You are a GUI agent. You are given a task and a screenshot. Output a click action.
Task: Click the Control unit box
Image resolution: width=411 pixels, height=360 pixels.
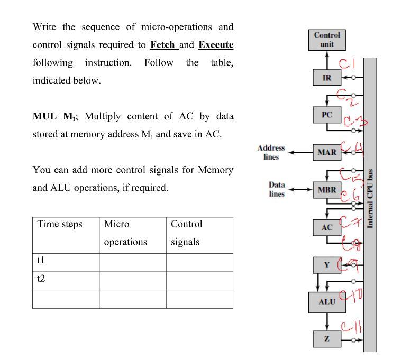click(327, 40)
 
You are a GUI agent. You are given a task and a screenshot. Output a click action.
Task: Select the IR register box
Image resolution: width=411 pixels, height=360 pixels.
click(327, 77)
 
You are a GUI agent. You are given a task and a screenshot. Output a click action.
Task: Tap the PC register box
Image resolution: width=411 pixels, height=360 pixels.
click(327, 115)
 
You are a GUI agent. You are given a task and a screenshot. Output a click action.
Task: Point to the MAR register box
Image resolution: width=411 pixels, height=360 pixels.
click(327, 152)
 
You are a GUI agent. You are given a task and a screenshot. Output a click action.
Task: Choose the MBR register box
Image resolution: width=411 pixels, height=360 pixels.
click(327, 189)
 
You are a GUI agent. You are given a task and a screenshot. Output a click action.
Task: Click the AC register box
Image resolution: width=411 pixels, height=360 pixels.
click(327, 227)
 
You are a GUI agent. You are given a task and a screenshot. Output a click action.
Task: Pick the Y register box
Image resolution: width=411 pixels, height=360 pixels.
click(327, 265)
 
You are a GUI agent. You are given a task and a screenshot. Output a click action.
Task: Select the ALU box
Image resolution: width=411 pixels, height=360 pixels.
click(327, 302)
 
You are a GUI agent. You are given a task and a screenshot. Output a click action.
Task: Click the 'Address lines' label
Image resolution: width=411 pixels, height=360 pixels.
click(271, 152)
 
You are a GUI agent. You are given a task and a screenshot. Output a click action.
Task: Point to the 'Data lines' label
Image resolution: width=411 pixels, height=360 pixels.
click(277, 189)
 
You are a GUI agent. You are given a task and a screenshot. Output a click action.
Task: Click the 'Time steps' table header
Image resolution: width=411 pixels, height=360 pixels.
click(60, 224)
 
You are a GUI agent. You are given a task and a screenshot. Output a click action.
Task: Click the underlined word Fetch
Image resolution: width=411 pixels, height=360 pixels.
click(163, 44)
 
